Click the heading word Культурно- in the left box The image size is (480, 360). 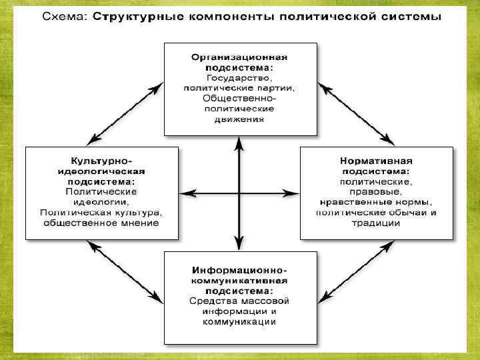102,161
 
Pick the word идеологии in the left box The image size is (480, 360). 102,201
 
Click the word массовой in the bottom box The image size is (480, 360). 265,301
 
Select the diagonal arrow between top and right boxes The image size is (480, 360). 356,113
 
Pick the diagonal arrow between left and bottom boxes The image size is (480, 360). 126,273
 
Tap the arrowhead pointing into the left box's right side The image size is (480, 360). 187,193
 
